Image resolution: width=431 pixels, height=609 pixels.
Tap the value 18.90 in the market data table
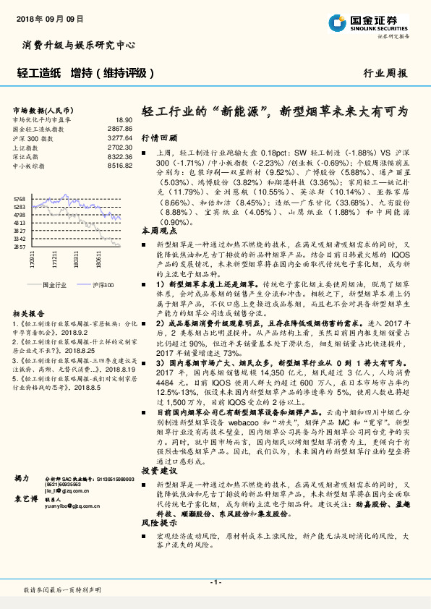tap(123, 119)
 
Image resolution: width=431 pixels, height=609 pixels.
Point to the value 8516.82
tap(119, 166)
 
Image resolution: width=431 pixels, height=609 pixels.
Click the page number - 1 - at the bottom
tap(215, 582)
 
